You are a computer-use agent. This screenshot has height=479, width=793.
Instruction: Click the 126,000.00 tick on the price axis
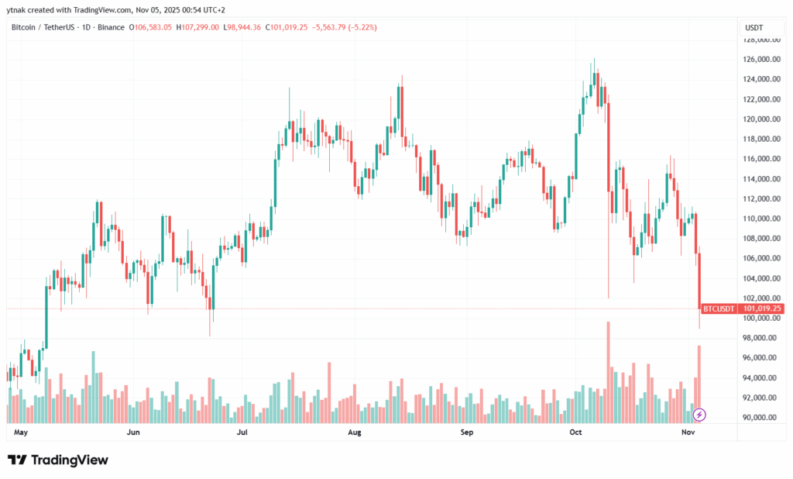757,59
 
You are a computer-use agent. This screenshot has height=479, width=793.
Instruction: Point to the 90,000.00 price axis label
757,417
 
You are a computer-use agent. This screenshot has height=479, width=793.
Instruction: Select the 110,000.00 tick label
757,219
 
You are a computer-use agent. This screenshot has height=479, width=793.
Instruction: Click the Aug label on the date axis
355,432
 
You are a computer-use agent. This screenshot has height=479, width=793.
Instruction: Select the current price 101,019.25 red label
762,308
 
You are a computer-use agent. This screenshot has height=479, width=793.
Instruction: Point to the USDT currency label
754,27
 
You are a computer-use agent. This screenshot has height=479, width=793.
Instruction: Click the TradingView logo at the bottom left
58,460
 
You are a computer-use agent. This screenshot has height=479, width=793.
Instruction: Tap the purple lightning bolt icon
699,415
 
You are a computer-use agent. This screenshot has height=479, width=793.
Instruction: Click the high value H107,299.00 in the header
198,27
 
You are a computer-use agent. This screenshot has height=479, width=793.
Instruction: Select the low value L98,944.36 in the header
243,27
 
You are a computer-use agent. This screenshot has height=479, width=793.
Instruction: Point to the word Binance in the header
110,27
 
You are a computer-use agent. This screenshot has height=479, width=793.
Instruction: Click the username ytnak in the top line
18,9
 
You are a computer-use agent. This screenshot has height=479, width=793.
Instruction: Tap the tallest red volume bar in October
609,372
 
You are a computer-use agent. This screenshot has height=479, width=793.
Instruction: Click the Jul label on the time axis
242,432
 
